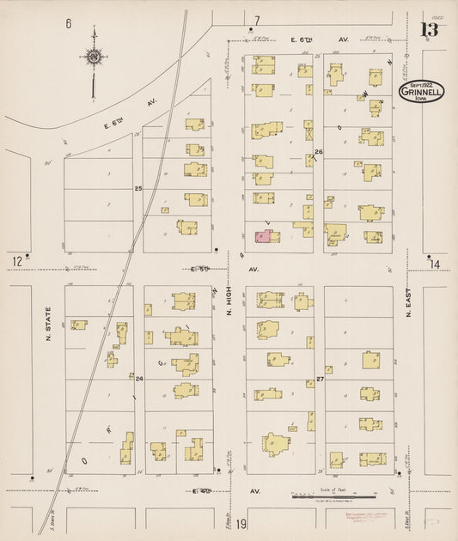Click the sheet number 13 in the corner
[x=429, y=30]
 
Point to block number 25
[x=137, y=187]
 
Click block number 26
[x=318, y=152]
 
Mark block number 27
[x=319, y=378]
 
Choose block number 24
[x=137, y=377]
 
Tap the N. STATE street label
[x=48, y=325]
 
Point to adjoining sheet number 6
[x=68, y=23]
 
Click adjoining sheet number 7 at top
[x=255, y=20]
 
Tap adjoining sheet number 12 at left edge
[x=16, y=260]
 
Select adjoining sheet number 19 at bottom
[x=242, y=524]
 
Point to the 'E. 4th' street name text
[x=201, y=491]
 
